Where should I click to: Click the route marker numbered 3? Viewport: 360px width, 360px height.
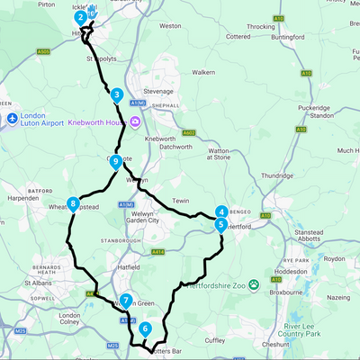(117, 94)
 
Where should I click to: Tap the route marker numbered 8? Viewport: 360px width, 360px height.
(73, 204)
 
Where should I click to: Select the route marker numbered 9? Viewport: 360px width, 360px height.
(116, 161)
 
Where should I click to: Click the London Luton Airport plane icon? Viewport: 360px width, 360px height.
(11, 119)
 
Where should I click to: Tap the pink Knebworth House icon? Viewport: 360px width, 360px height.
(135, 122)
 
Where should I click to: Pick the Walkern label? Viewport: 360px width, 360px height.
(203, 71)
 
